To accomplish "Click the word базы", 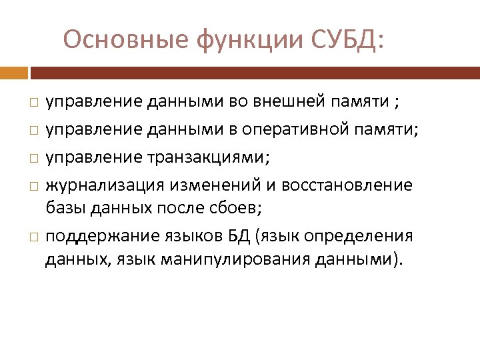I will click(x=63, y=207).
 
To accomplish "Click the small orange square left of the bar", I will click(x=13, y=72).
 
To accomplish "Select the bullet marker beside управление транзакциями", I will click(x=33, y=157).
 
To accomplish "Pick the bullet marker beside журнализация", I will click(x=33, y=185).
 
